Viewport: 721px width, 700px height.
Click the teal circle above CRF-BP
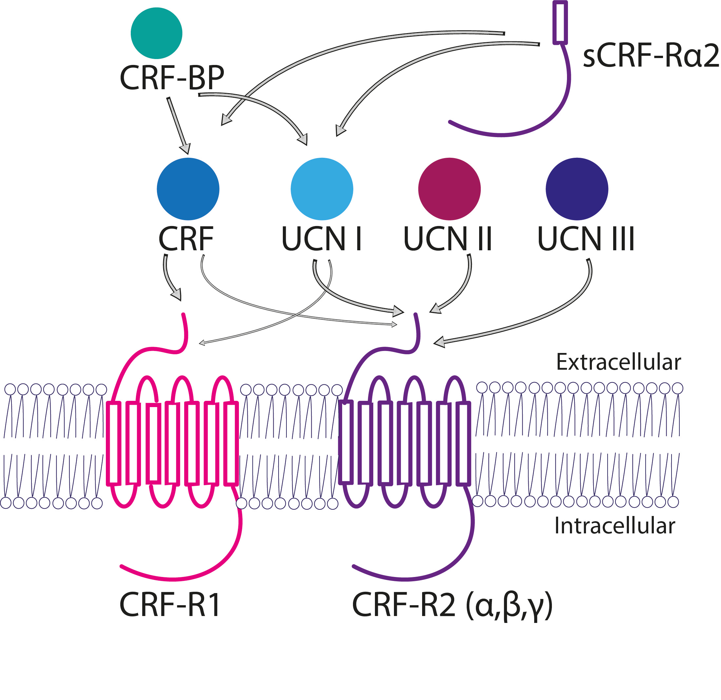tap(156, 33)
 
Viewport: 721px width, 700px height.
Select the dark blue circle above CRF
tap(188, 189)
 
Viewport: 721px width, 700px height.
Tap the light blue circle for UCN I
tap(322, 189)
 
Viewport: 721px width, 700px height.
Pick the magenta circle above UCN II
tap(449, 189)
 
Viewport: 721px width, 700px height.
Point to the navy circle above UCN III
tap(577, 189)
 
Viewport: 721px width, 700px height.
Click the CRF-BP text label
tap(172, 78)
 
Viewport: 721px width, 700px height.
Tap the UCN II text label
tap(448, 239)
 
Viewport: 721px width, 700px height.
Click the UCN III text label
tap(586, 239)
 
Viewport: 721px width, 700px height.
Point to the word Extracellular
tap(618, 362)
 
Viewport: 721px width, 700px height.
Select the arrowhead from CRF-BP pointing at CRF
tap(185, 148)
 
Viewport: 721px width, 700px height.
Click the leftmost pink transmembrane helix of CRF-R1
tap(114, 443)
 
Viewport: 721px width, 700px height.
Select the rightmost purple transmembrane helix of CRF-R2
tap(463, 443)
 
